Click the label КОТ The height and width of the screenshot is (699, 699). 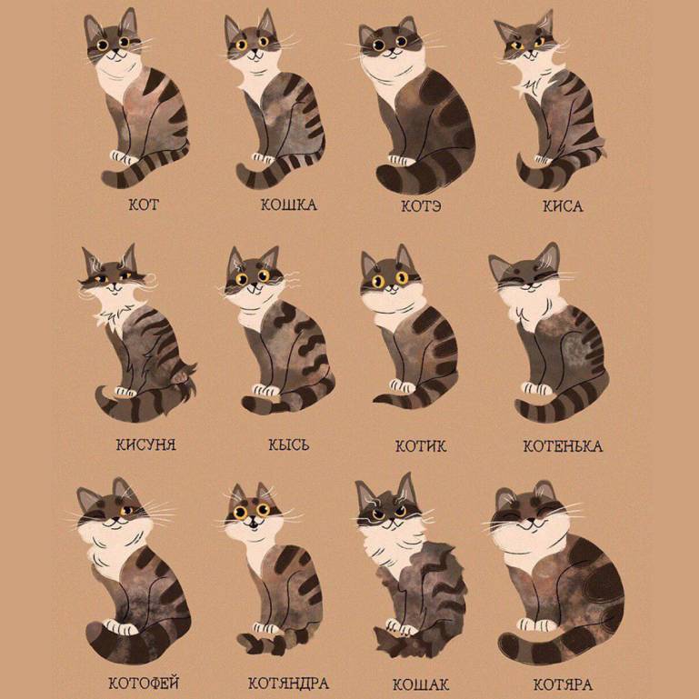(x=144, y=205)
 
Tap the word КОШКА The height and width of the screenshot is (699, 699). (x=288, y=205)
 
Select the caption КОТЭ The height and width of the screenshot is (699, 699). (x=421, y=206)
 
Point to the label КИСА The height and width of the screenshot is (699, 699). (x=563, y=206)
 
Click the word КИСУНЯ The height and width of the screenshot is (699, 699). (x=146, y=444)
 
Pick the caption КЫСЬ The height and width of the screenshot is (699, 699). (x=288, y=444)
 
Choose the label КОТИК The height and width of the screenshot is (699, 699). (x=420, y=445)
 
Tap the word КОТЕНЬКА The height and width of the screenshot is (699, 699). (x=563, y=446)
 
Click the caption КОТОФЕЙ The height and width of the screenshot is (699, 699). (x=144, y=683)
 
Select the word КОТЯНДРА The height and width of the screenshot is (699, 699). (x=288, y=683)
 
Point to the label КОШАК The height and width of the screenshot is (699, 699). (x=420, y=684)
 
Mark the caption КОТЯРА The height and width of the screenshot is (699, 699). (x=563, y=684)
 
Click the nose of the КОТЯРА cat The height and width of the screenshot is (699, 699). (x=532, y=521)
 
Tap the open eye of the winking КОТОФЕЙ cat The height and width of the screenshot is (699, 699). (x=126, y=511)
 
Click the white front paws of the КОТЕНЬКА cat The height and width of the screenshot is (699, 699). (x=537, y=389)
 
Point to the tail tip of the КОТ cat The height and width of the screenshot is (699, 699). (x=106, y=177)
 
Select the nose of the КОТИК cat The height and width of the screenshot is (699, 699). (x=392, y=287)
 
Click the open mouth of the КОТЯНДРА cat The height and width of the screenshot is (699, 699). (x=253, y=524)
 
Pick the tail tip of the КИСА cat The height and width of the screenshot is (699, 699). (x=519, y=157)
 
